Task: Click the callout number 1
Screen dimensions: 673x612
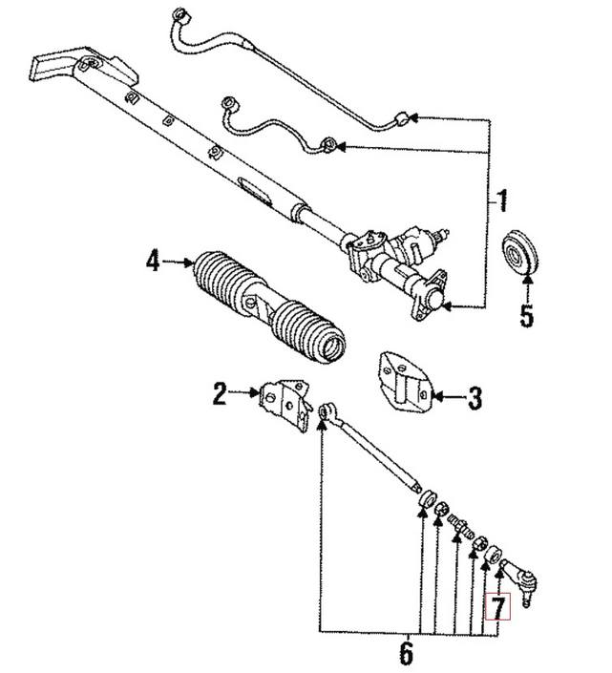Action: [x=503, y=202]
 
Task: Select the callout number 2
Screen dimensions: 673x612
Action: [x=220, y=393]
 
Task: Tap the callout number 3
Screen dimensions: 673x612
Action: [x=475, y=397]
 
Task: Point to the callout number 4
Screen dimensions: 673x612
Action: [x=152, y=260]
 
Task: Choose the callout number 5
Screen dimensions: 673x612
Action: [x=527, y=315]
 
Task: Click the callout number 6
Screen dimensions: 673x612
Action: [x=406, y=654]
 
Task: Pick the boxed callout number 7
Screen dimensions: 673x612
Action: [x=499, y=605]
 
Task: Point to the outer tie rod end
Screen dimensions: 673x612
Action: [x=521, y=579]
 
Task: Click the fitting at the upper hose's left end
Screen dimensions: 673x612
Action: [x=178, y=16]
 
